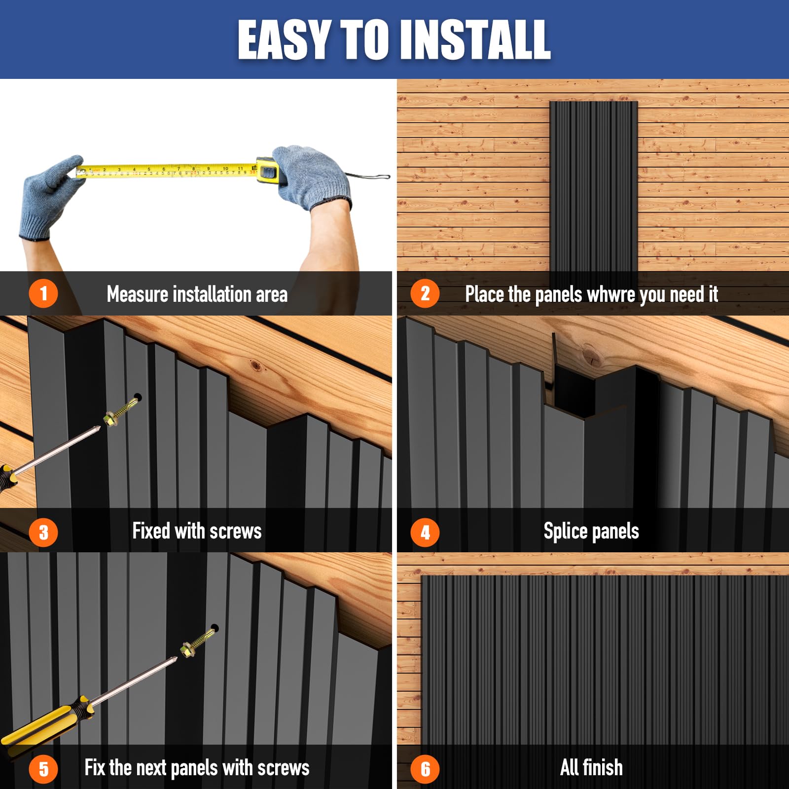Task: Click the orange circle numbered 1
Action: point(43,293)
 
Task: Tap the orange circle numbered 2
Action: point(425,293)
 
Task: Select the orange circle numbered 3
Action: point(43,533)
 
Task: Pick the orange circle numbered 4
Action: point(425,533)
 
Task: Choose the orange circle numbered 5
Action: point(43,769)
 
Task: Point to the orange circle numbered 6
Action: point(425,769)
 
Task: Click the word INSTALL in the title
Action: point(475,40)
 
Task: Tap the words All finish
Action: point(591,767)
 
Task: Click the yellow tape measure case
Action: point(267,171)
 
